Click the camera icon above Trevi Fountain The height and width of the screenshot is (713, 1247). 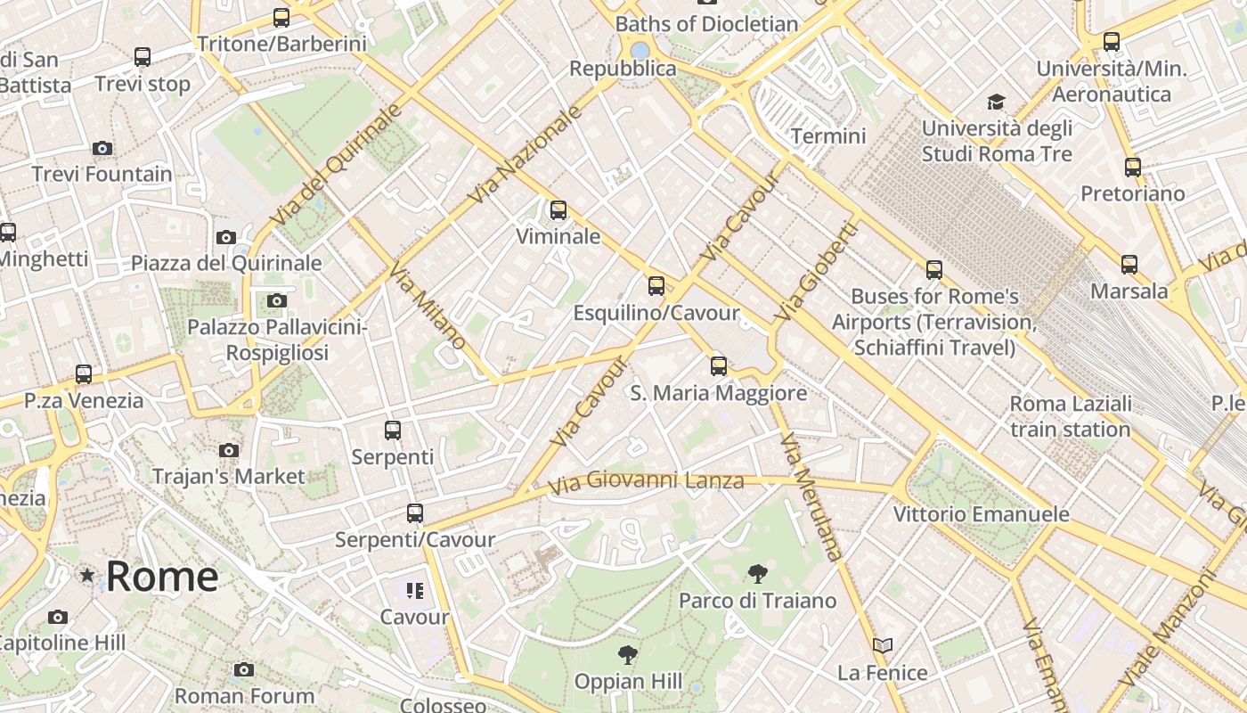tap(102, 148)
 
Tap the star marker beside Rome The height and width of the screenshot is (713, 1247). tap(87, 576)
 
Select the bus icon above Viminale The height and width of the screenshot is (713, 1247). tap(558, 210)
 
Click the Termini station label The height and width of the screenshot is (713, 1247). tap(828, 136)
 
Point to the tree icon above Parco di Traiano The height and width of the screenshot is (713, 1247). tap(757, 574)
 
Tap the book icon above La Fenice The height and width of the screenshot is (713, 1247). tap(883, 645)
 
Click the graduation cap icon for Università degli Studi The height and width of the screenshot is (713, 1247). tap(996, 102)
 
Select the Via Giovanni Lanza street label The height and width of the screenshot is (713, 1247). tap(646, 482)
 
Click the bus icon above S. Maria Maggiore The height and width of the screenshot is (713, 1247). tap(719, 365)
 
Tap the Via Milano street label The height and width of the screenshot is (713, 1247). tap(428, 307)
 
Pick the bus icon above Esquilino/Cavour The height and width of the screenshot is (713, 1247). tap(656, 286)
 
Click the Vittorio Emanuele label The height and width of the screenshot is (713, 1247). tap(981, 514)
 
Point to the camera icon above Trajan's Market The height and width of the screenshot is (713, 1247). tap(229, 450)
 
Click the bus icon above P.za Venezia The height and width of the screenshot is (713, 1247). tap(84, 374)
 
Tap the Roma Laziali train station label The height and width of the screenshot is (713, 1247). tap(1071, 416)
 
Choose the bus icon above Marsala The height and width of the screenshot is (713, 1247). tap(1129, 265)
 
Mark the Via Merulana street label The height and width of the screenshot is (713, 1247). tap(811, 497)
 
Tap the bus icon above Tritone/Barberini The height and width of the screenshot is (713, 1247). tap(281, 17)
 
